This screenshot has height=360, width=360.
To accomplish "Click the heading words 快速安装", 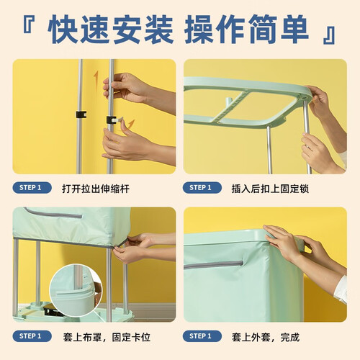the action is point(111,30).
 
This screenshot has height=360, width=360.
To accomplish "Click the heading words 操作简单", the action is point(246,30).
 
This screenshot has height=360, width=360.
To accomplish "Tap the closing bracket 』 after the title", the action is point(329,35).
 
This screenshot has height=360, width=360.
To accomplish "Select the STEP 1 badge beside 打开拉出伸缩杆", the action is point(32,188).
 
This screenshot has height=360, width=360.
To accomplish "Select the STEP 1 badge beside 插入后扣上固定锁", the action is point(202,188).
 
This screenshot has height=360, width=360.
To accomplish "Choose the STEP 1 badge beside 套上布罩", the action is point(32,336).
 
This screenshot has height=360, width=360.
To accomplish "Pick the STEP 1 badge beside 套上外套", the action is point(202,336).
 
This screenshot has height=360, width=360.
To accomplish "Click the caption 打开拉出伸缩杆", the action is point(96,189).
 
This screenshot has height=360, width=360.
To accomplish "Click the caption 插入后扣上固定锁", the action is point(270,189).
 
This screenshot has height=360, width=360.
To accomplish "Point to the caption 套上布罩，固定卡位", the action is point(107,337).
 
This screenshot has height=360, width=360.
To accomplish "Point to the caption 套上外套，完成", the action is point(266,337).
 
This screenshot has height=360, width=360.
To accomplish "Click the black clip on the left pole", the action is point(81,114).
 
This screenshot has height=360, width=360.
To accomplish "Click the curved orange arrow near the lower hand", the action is point(130,125).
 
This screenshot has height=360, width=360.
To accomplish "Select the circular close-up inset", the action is point(76,290).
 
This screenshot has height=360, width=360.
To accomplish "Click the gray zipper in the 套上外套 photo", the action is point(214,264).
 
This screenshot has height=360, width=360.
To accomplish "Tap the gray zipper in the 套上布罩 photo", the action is point(53,213).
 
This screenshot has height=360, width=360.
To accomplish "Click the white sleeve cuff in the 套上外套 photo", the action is point(341,289).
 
